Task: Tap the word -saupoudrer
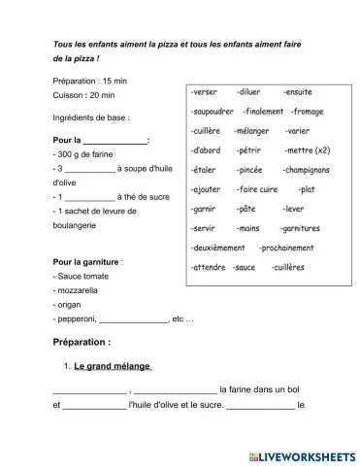213,111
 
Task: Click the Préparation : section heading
82,342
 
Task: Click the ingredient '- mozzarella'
81,290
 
